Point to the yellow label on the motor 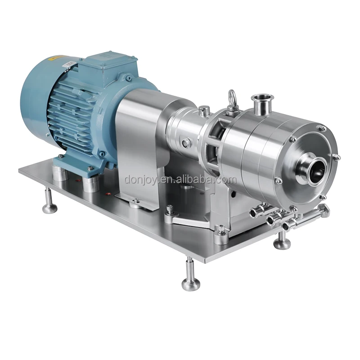point(57,58)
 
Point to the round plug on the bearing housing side point(184,143)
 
